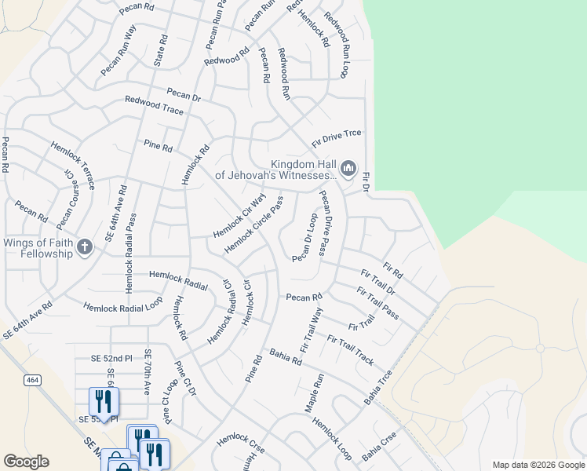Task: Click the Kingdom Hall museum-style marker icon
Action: pos(348,169)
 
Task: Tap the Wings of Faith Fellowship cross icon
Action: pos(84,249)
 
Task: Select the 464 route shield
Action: pos(31,380)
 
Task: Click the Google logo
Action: pos(26,462)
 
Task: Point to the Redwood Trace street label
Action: pos(154,107)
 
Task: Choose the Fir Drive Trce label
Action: pos(337,137)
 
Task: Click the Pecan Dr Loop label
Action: pos(304,238)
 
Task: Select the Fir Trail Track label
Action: pos(350,350)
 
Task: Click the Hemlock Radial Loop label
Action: pos(123,305)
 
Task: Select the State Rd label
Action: pos(160,49)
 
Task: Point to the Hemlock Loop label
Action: pos(333,438)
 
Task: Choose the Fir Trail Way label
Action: pos(312,330)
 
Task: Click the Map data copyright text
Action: pos(538,465)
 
